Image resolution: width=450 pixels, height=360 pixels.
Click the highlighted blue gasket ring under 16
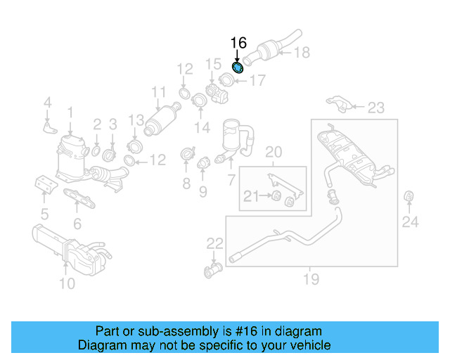click(x=238, y=67)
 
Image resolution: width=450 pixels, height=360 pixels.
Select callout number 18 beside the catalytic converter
click(x=301, y=52)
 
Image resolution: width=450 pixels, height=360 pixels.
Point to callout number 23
click(x=376, y=108)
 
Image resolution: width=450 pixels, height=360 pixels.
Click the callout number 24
click(x=410, y=223)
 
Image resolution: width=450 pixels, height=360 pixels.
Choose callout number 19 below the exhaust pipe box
click(x=311, y=280)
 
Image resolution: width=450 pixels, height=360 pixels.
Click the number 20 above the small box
click(x=274, y=151)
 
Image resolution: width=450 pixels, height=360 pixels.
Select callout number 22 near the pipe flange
click(x=214, y=244)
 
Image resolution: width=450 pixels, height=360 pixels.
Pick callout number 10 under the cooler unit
click(x=67, y=283)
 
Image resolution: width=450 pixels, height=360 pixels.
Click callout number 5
click(x=44, y=214)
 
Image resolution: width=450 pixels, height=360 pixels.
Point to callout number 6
click(x=77, y=224)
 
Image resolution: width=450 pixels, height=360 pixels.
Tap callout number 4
click(x=48, y=103)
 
